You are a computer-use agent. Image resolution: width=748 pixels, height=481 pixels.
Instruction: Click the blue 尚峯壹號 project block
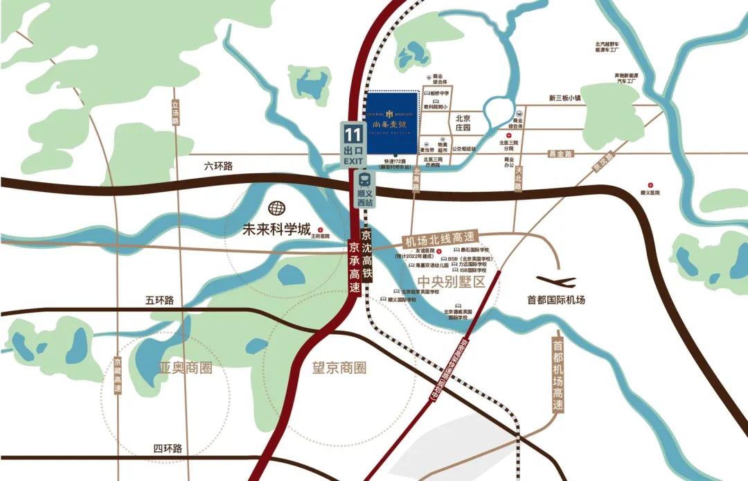[x=391, y=123]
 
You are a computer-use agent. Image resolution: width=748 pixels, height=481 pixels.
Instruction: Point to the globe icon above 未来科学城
[x=278, y=208]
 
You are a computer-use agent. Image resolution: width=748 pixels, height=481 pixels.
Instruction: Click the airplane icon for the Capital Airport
[x=555, y=281]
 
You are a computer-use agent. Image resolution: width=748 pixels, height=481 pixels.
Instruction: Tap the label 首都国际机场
[x=555, y=300]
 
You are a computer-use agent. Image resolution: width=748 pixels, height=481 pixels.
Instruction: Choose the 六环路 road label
[x=220, y=166]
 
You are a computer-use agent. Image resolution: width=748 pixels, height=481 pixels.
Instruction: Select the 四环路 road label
[x=168, y=449]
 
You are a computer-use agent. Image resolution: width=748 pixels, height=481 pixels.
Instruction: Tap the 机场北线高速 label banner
[x=441, y=239]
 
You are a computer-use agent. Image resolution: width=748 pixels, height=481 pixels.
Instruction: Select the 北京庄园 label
[x=463, y=123]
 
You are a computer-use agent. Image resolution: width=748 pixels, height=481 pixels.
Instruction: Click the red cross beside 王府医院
[x=320, y=229]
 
